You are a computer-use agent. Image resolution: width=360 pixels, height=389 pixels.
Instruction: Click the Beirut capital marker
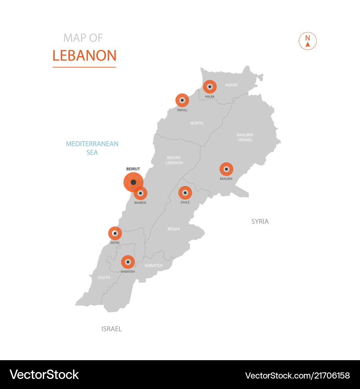[133, 182]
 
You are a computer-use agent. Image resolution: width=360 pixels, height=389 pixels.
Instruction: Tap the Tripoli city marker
[182, 100]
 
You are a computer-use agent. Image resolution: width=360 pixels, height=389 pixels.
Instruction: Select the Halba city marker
[210, 87]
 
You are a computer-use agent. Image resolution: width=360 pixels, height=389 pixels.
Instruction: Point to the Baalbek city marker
[226, 169]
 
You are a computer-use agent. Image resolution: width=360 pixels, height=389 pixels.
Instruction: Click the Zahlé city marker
[185, 193]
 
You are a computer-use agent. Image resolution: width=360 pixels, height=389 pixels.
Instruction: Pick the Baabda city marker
[140, 193]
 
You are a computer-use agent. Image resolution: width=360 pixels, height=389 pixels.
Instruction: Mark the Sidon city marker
[115, 233]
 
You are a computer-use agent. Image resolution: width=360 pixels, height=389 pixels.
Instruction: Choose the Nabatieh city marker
[128, 262]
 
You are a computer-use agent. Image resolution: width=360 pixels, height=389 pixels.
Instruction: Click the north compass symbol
[308, 41]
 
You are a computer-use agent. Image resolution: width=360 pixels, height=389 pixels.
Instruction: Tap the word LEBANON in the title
[84, 56]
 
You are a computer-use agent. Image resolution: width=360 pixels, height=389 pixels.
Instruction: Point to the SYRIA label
[260, 222]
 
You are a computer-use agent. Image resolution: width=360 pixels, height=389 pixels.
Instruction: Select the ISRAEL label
[112, 329]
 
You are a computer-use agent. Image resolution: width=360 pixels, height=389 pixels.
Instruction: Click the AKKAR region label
[231, 85]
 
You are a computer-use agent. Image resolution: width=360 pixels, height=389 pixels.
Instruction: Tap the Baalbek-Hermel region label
[245, 137]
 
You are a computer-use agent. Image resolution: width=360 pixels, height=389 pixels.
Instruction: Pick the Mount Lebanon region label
[174, 160]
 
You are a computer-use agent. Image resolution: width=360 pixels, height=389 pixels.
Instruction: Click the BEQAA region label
[174, 229]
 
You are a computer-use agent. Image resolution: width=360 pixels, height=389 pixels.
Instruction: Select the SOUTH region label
[104, 278]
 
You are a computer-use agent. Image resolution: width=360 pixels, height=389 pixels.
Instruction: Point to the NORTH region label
[197, 123]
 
